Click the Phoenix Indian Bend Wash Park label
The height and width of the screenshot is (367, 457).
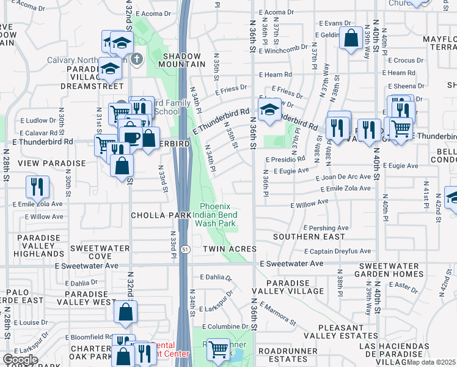coord(215,215)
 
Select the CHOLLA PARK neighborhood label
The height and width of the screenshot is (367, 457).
coord(160,215)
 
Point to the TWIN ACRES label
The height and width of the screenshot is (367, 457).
coord(229,249)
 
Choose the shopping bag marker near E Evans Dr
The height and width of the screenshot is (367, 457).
coord(351,38)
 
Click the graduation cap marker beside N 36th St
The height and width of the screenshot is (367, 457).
coord(269,109)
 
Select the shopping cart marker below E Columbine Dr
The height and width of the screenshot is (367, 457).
coord(218,350)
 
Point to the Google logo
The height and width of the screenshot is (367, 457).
coord(20,360)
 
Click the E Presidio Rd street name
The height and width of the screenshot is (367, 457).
coord(285,158)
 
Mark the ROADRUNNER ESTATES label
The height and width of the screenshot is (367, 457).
coord(287,355)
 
